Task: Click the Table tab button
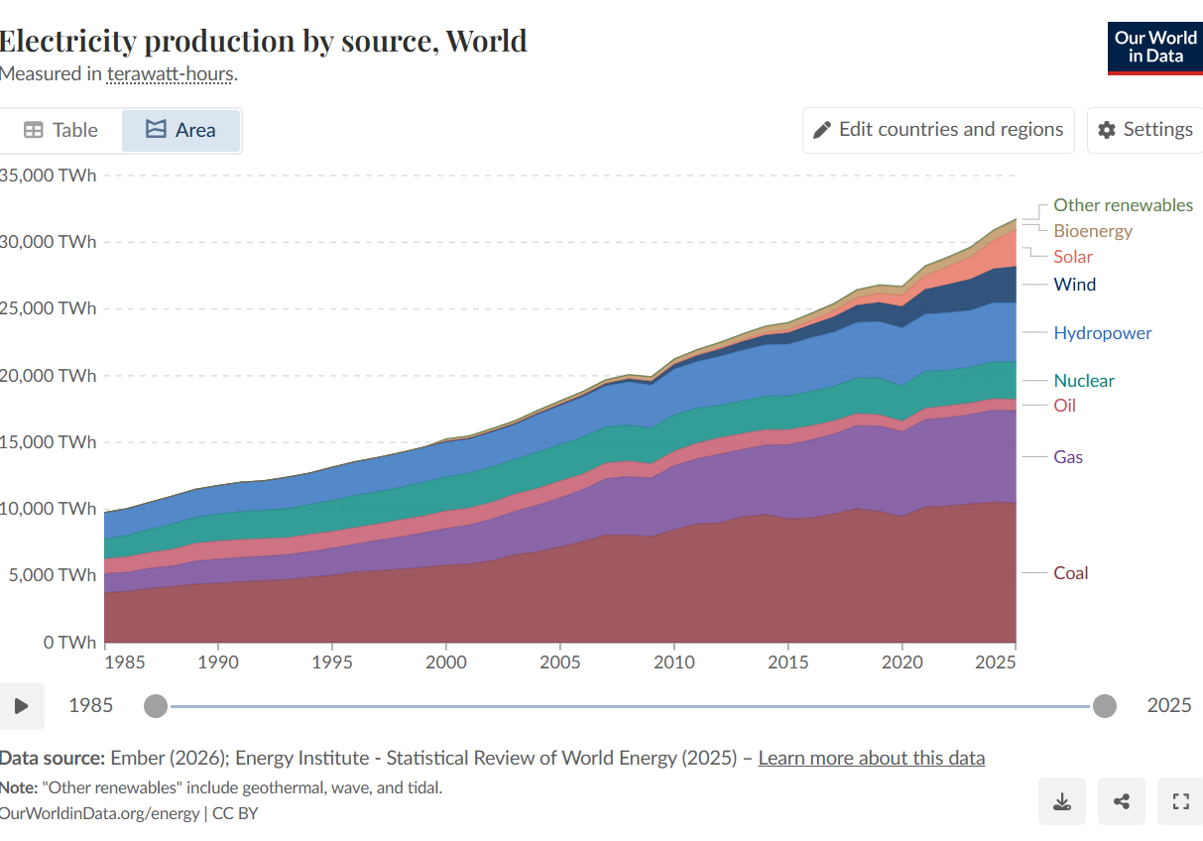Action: pyautogui.click(x=61, y=130)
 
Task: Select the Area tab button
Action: pyautogui.click(x=180, y=130)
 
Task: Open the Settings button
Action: pyautogui.click(x=1144, y=130)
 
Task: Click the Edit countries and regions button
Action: pyautogui.click(x=937, y=130)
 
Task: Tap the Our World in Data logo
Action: pyautogui.click(x=1154, y=47)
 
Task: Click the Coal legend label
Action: pyautogui.click(x=1070, y=572)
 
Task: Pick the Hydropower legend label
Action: pyautogui.click(x=1102, y=332)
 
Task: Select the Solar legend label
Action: pyautogui.click(x=1072, y=256)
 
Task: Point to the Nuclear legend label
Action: pyautogui.click(x=1083, y=380)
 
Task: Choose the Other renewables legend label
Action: pyautogui.click(x=1123, y=204)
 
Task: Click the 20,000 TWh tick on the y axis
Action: pyautogui.click(x=50, y=375)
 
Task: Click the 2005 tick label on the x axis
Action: pyautogui.click(x=560, y=661)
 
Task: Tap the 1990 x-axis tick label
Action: pyautogui.click(x=218, y=661)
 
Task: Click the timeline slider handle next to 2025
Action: pyautogui.click(x=1104, y=706)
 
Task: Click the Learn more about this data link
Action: pyautogui.click(x=871, y=758)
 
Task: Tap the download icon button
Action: pyautogui.click(x=1062, y=801)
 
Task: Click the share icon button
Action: pyautogui.click(x=1122, y=801)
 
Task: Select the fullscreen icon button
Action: pyautogui.click(x=1180, y=801)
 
